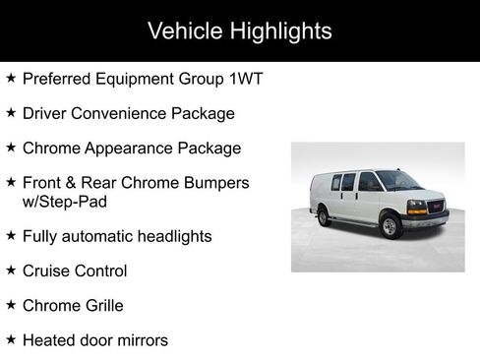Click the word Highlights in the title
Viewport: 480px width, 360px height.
click(x=282, y=30)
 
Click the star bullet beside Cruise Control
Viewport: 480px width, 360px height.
click(x=11, y=270)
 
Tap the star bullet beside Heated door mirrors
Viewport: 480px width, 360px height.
click(x=11, y=339)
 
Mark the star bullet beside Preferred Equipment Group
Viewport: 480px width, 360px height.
click(x=11, y=77)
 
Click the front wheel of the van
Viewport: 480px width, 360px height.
click(x=390, y=227)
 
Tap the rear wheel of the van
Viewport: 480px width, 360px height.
click(x=324, y=216)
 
